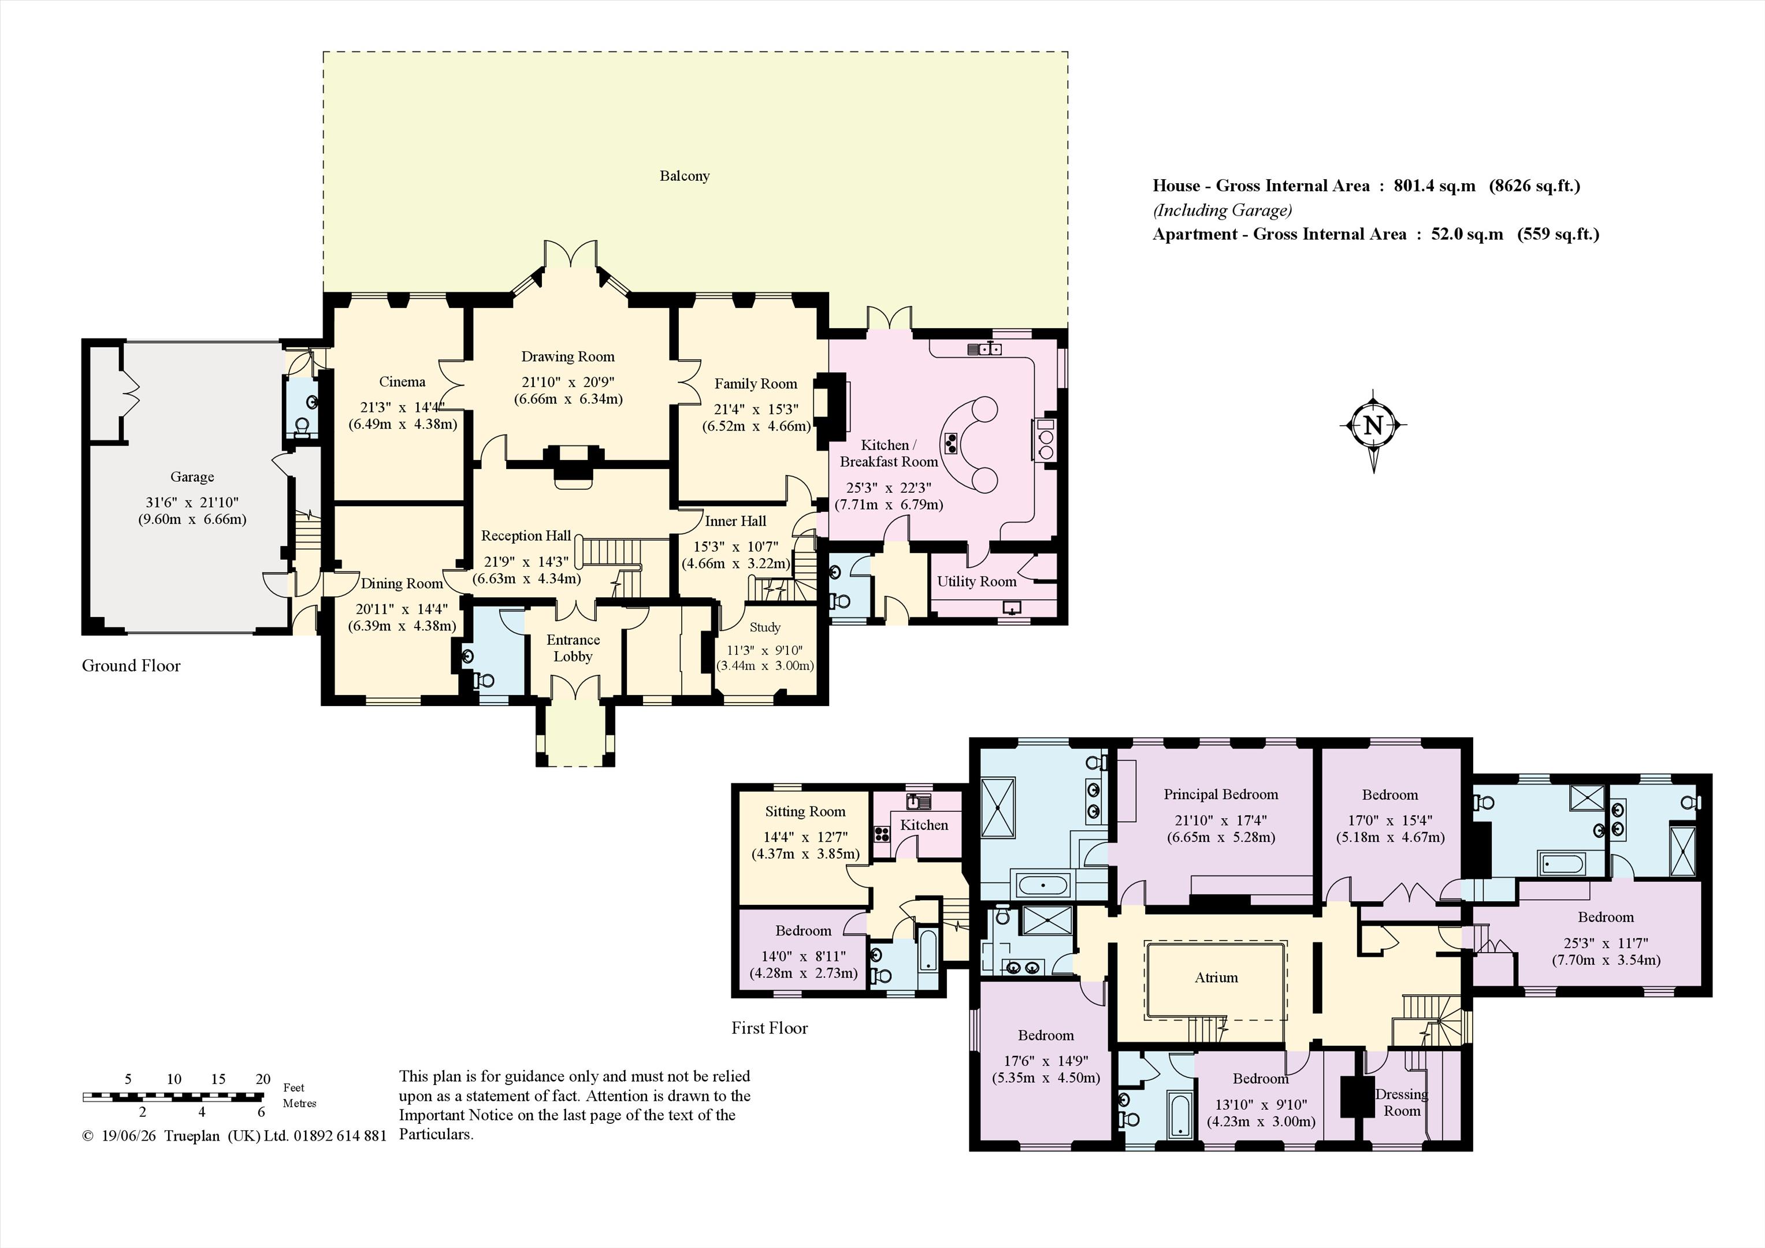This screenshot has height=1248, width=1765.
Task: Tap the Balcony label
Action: [684, 176]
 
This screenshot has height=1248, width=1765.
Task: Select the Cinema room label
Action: [402, 382]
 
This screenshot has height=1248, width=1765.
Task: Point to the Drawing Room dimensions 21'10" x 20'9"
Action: [568, 382]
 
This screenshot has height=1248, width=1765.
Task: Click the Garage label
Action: [192, 477]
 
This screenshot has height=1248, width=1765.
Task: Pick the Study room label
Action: [765, 627]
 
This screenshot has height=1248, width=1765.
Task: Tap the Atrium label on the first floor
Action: [1216, 978]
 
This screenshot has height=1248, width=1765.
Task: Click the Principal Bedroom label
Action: [1221, 794]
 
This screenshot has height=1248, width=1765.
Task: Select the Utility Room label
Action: [976, 581]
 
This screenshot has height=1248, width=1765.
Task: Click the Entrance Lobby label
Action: [573, 648]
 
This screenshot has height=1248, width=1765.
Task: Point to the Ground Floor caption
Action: [132, 666]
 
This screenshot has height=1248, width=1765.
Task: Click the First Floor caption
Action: [770, 1028]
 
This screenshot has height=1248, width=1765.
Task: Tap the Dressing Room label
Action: [1402, 1102]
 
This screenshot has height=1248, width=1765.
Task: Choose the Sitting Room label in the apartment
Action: [805, 811]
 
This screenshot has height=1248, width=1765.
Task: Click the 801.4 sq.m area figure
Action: [1435, 185]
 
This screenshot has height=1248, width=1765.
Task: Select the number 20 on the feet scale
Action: [263, 1079]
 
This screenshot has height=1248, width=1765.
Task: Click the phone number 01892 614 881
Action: [339, 1136]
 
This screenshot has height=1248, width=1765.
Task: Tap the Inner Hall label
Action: [735, 521]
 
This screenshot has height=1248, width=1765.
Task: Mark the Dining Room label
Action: [402, 584]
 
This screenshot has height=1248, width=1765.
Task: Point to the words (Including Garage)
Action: [1223, 210]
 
